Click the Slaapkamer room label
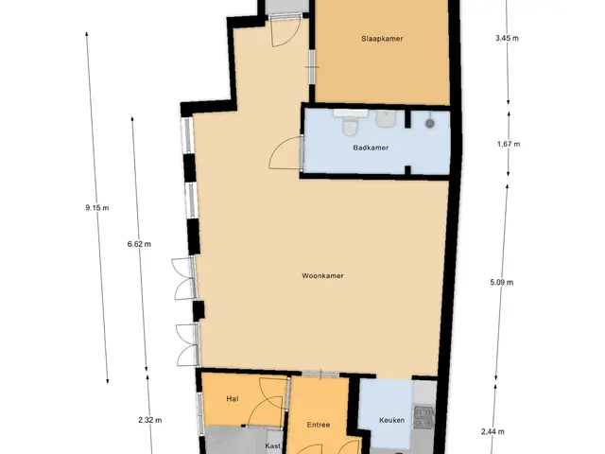click(x=382, y=39)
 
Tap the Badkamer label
click(x=371, y=148)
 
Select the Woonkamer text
click(x=322, y=275)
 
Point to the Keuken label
click(x=392, y=420)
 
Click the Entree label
click(x=319, y=425)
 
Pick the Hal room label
click(x=233, y=399)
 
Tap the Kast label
click(x=273, y=445)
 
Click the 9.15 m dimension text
click(x=97, y=208)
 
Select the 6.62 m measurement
click(x=139, y=244)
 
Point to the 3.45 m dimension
click(x=507, y=38)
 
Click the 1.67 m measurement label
click(x=509, y=144)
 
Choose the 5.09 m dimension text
click(x=502, y=282)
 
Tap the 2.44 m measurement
click(x=493, y=431)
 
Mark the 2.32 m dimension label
click(x=150, y=420)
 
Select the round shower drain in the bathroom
click(x=430, y=124)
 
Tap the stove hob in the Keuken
click(x=423, y=417)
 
